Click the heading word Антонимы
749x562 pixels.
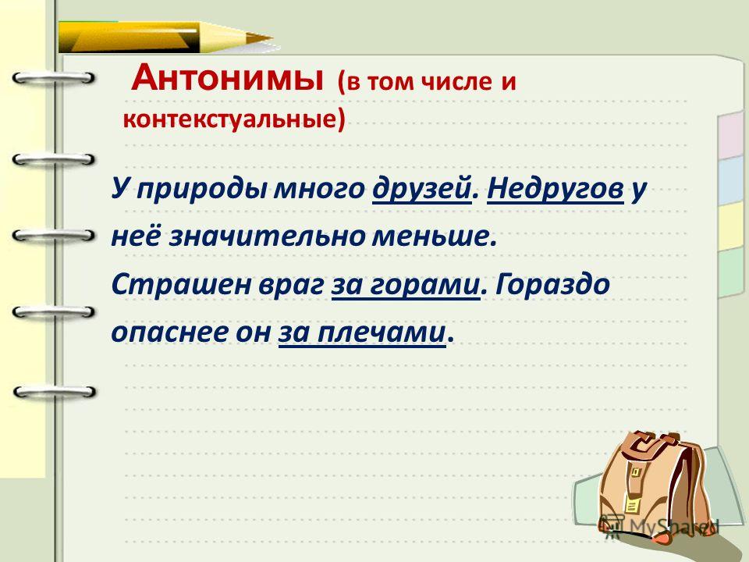(x=227, y=78)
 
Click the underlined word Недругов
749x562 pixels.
(x=556, y=188)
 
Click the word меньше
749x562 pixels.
(x=431, y=236)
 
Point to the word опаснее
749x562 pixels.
(x=169, y=333)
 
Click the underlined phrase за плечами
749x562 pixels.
(x=362, y=332)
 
